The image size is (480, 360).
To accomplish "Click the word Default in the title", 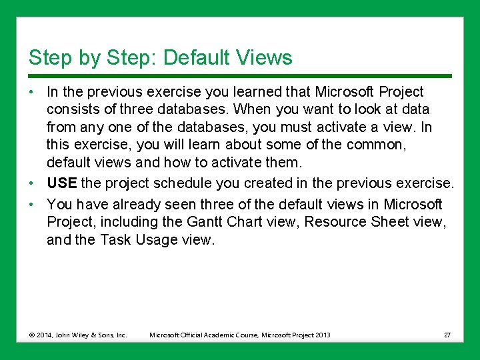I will pos(193,57).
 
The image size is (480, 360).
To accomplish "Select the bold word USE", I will pos(61,183).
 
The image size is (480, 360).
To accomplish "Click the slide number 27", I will pos(447,335).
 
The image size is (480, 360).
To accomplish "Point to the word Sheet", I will pos(383,221).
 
